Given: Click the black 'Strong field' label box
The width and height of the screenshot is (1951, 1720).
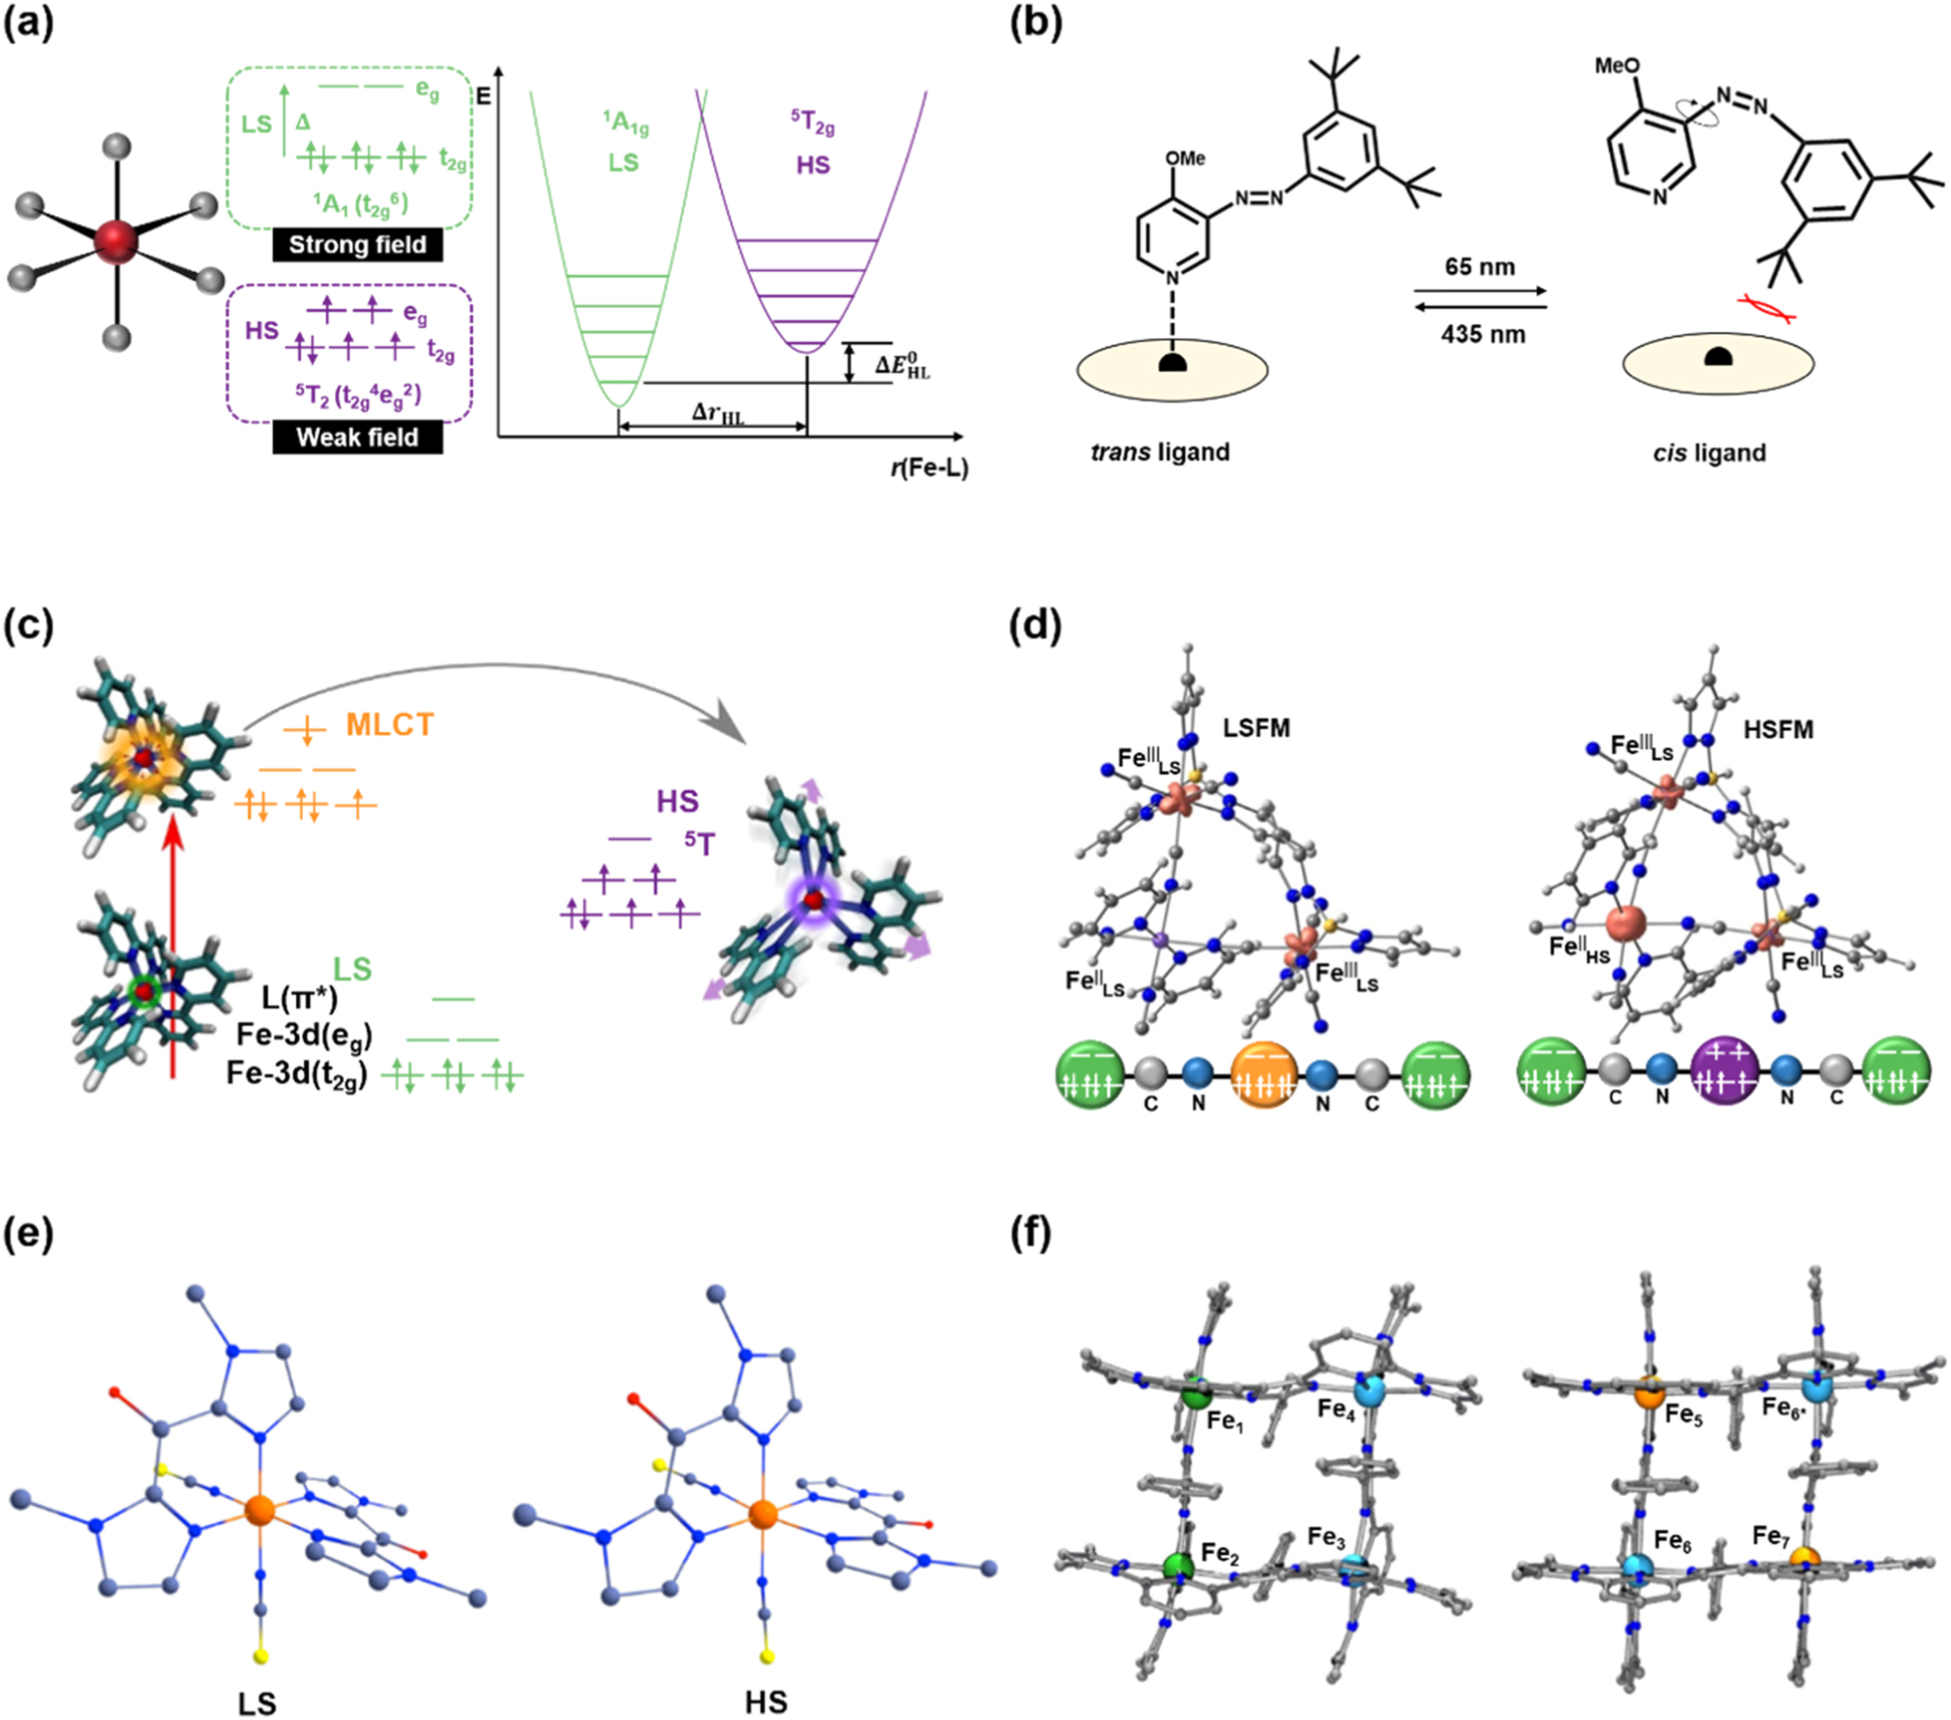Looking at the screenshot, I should tap(357, 244).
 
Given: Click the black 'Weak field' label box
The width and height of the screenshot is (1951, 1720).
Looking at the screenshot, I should tap(357, 437).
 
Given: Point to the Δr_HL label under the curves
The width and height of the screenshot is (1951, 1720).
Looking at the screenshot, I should tap(717, 413).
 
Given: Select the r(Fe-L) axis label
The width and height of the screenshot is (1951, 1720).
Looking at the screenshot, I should tap(928, 469).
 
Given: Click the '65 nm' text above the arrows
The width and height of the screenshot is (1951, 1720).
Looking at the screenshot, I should tap(1480, 267).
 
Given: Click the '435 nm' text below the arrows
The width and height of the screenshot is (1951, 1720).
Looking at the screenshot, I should tap(1482, 335).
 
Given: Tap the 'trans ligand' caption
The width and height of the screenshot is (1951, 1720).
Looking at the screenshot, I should tap(1160, 452).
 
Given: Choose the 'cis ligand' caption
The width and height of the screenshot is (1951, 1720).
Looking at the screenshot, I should tap(1709, 453).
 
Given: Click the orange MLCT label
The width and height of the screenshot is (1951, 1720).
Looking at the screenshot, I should tap(389, 725).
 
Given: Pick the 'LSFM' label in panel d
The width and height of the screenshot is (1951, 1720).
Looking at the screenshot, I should tap(1255, 728).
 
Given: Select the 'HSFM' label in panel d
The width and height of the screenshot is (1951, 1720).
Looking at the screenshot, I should tap(1778, 730).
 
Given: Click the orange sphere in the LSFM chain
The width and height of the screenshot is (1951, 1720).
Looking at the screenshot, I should tap(1264, 1075).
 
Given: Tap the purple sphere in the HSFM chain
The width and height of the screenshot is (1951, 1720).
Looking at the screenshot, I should tap(1724, 1075).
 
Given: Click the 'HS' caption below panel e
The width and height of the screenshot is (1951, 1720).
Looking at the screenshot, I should tap(765, 1702).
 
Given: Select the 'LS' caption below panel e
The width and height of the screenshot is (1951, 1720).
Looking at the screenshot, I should tap(257, 1702).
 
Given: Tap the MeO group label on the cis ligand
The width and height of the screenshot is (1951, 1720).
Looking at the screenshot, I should tap(1617, 66).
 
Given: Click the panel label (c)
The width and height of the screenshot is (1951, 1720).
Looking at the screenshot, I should tap(28, 626).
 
